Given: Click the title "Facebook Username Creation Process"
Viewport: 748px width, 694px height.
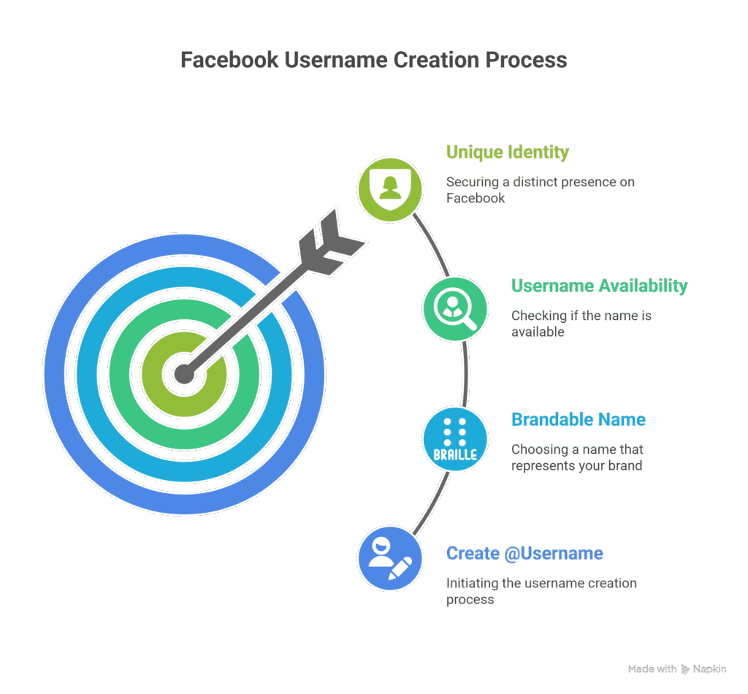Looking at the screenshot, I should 373,60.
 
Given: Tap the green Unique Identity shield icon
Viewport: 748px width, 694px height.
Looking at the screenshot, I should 390,188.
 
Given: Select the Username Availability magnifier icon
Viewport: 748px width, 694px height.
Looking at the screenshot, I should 455,309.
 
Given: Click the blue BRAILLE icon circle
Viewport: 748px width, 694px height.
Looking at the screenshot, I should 455,439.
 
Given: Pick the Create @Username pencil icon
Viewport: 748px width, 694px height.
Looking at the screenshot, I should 390,557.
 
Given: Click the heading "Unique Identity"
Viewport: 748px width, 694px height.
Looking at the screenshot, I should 507,153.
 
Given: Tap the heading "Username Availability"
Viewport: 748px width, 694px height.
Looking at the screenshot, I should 599,286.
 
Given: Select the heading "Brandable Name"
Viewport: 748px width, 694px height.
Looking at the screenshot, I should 578,419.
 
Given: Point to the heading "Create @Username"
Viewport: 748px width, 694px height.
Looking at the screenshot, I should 524,553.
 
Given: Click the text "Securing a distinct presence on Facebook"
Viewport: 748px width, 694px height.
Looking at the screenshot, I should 540,189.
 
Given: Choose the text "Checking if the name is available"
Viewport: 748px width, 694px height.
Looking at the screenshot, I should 581,324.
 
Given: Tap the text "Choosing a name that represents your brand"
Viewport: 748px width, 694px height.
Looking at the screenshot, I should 577,457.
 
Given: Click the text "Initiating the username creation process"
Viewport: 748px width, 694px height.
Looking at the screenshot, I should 541,591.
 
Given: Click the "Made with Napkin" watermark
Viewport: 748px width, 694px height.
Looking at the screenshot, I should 676,668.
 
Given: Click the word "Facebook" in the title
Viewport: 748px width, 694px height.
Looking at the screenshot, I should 229,60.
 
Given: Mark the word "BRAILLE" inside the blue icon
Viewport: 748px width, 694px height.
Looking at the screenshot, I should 455,454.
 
